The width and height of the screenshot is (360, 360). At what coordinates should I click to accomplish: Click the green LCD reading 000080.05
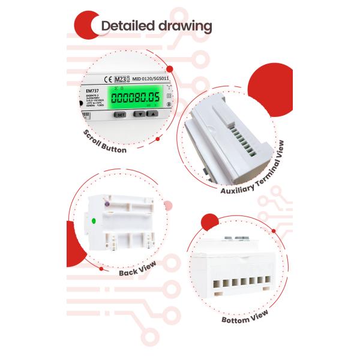pyautogui.click(x=133, y=97)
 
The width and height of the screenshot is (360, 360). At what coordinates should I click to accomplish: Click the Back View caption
pyautogui.click(x=136, y=267)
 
